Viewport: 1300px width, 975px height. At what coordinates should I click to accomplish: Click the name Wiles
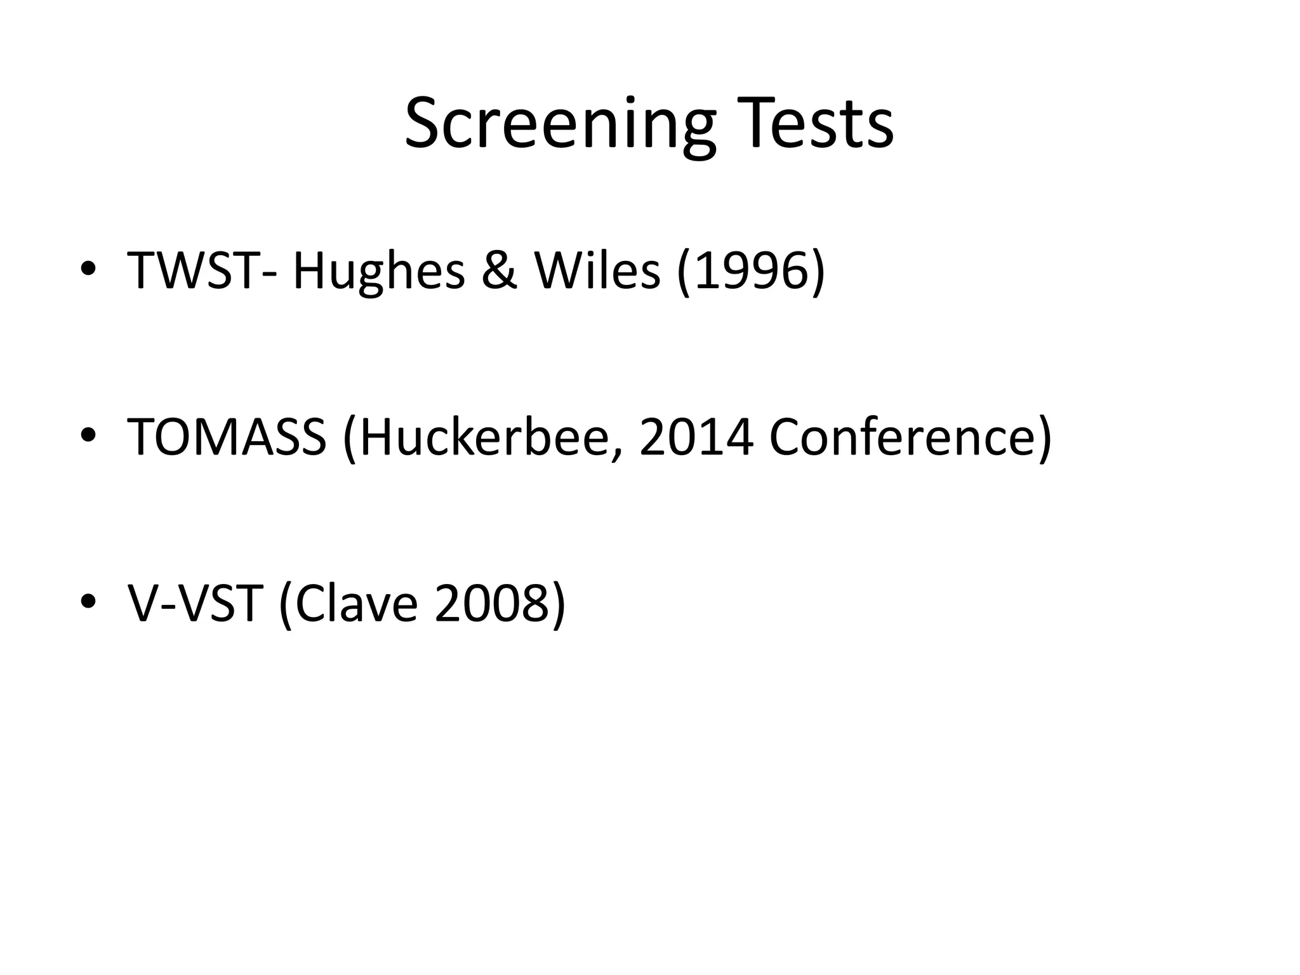pos(597,270)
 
